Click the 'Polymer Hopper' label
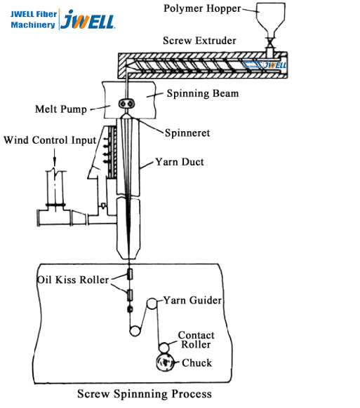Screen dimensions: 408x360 (x=202, y=8)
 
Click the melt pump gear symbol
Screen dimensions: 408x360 (x=127, y=103)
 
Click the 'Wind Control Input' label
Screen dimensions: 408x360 (x=50, y=140)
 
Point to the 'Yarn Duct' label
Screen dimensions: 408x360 (x=180, y=162)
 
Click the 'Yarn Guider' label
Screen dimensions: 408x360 (x=193, y=300)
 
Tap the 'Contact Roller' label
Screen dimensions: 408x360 (x=196, y=340)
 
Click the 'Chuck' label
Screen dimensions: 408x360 (x=196, y=362)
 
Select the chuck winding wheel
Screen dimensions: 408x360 (x=166, y=362)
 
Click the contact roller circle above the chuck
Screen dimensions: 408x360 (x=164, y=347)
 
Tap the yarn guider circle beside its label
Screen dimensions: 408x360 (x=152, y=304)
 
